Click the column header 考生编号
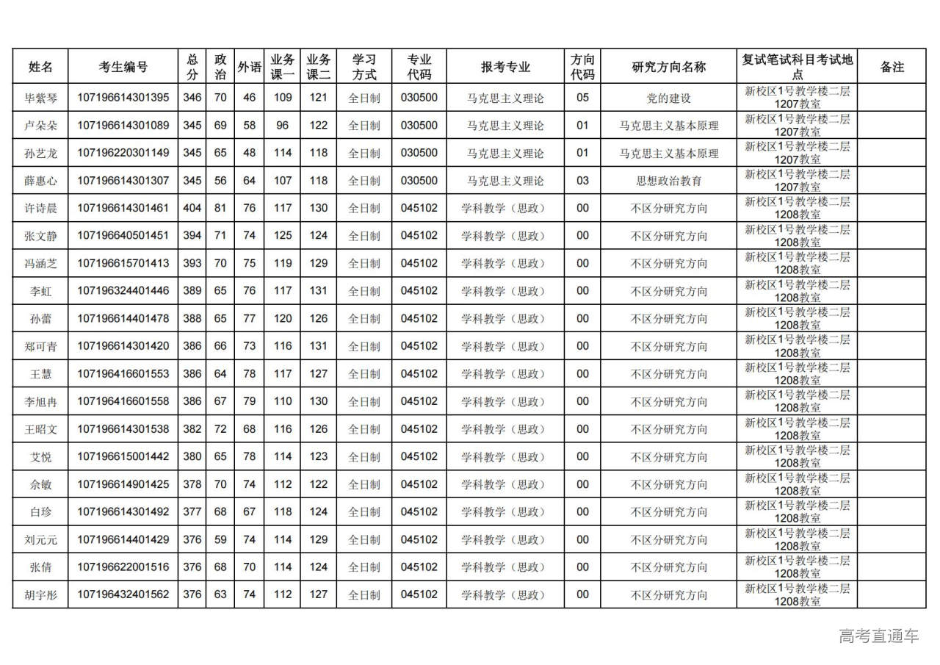coord(123,67)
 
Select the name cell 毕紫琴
coord(40,98)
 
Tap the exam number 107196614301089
coord(123,126)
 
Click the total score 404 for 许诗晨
coord(192,208)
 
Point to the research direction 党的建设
coord(668,98)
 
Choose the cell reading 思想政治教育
coord(668,181)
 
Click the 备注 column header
coord(892,67)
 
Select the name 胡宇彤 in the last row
coord(40,595)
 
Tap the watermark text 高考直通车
coord(879,636)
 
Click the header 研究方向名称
coord(668,67)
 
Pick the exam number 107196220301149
coord(123,153)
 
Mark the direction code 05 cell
coord(582,98)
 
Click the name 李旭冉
coord(40,401)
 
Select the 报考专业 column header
coord(505,67)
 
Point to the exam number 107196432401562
coord(123,595)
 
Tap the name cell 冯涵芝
coord(40,264)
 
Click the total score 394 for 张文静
coord(192,236)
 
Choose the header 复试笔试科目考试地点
coord(797,67)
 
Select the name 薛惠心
coord(40,181)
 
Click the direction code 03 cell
coord(582,181)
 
